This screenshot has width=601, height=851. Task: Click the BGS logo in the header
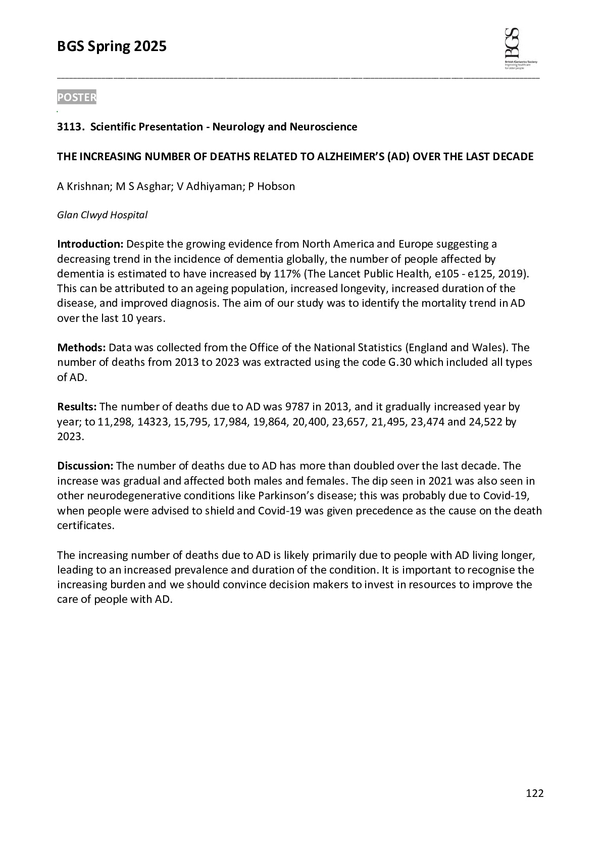tap(520, 49)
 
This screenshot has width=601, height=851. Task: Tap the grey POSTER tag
tap(77, 98)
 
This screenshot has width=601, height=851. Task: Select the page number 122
tap(534, 793)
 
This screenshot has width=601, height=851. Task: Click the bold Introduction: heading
tap(90, 244)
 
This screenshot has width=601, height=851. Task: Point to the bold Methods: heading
tap(81, 348)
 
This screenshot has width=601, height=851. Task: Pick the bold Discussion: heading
tap(85, 466)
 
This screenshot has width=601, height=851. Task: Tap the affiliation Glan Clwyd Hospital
tap(102, 215)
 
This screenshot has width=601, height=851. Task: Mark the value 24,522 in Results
tap(485, 421)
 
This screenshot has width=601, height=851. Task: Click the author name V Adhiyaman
tap(210, 186)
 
